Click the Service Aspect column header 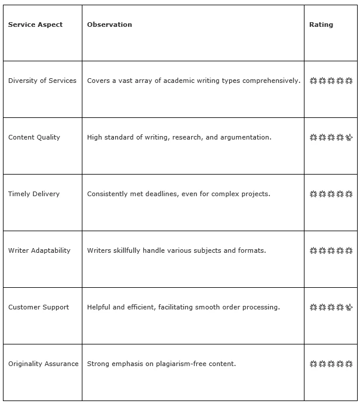35,25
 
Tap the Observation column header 109,25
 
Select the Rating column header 321,25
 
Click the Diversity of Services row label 42,81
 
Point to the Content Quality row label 34,137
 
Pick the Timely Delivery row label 34,194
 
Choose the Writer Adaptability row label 39,250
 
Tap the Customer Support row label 39,307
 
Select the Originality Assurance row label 43,364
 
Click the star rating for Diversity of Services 331,81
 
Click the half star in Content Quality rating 349,138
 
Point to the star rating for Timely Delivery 331,194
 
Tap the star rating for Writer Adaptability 331,250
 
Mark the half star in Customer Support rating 349,307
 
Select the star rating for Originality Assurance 331,364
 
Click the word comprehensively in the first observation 271,81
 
